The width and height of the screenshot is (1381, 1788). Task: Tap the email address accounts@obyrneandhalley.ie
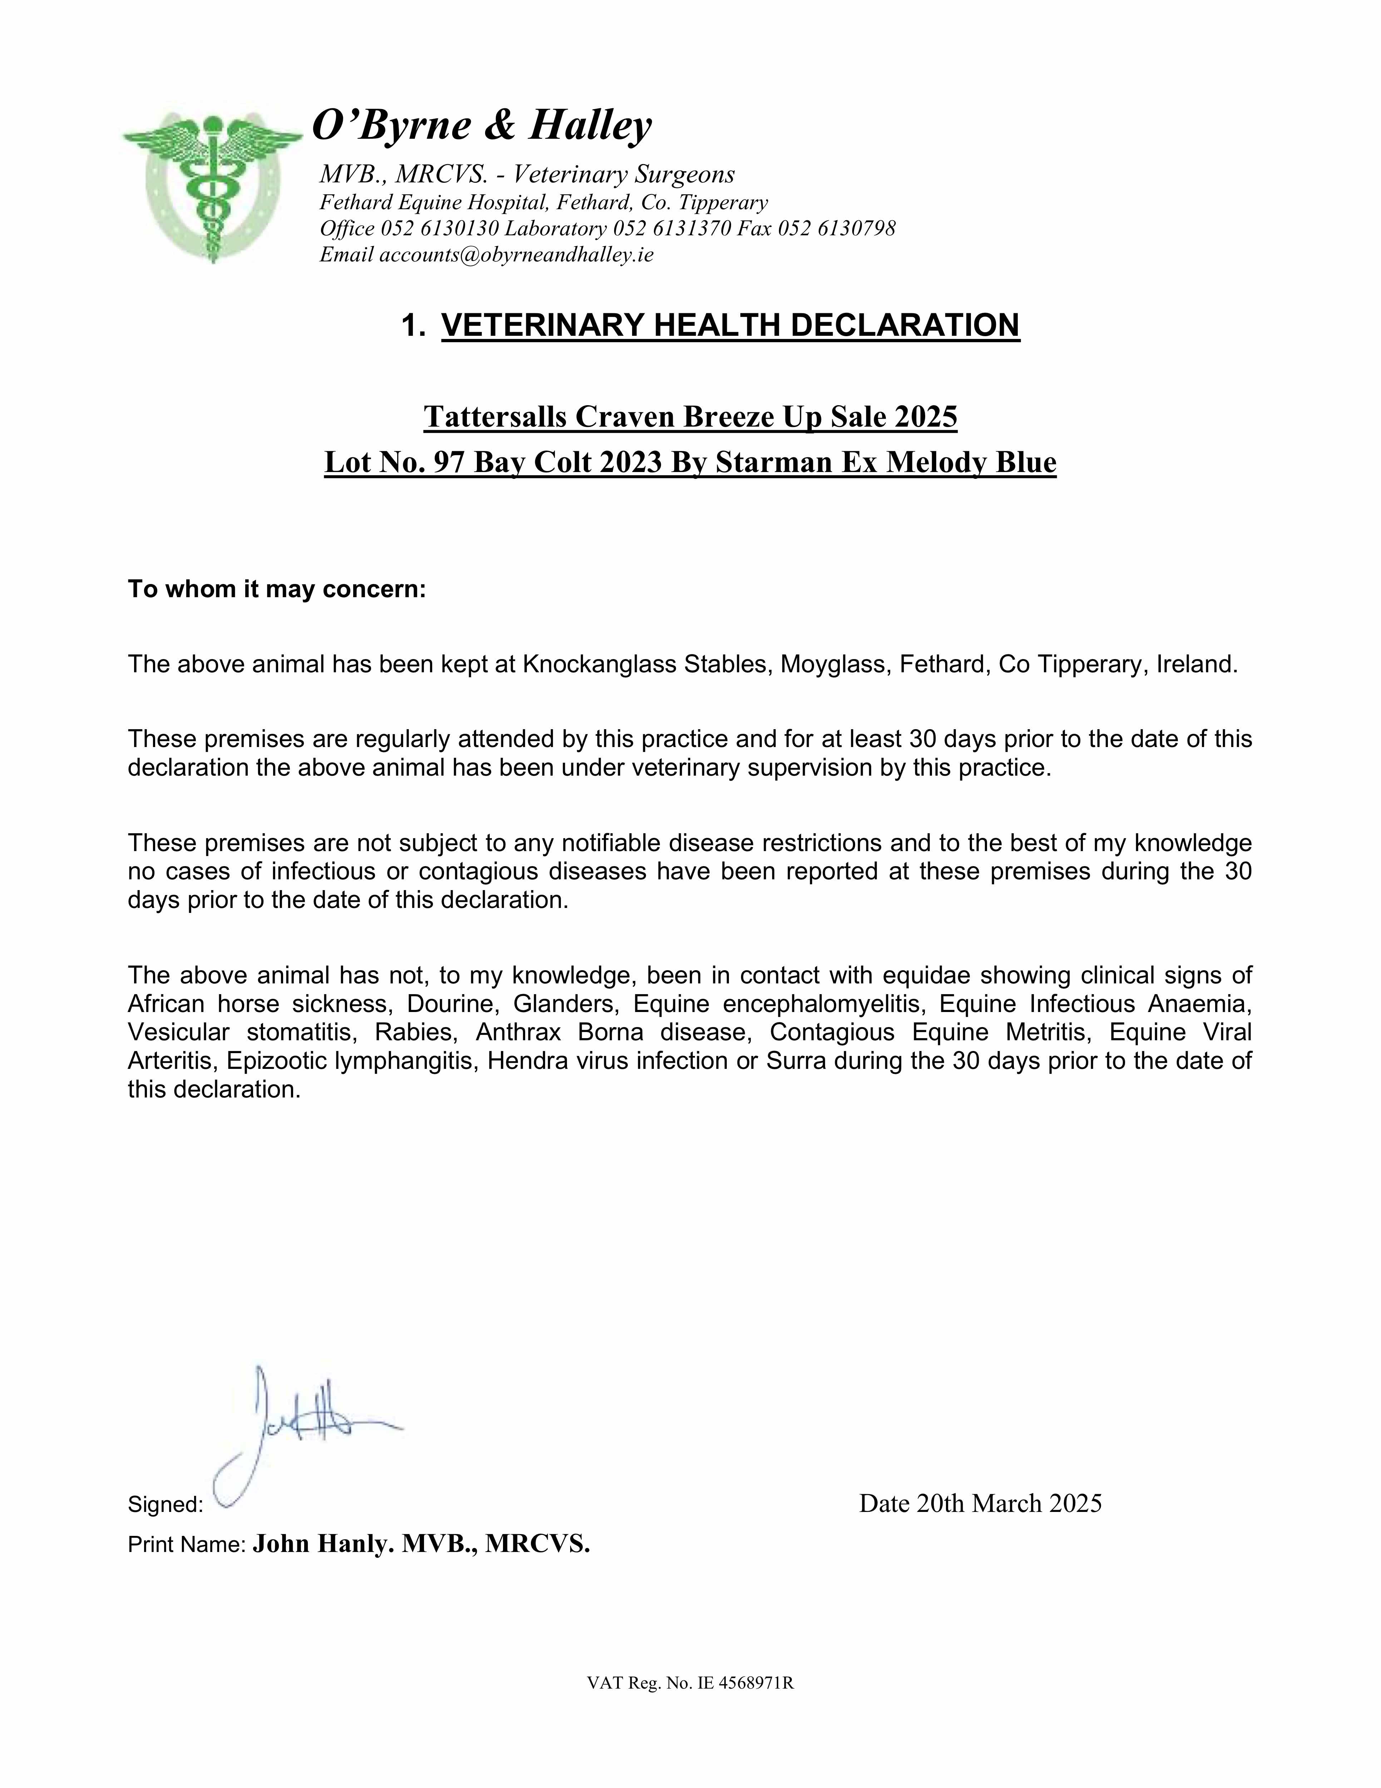(517, 255)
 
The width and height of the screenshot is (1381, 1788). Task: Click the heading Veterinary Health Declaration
(730, 325)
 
